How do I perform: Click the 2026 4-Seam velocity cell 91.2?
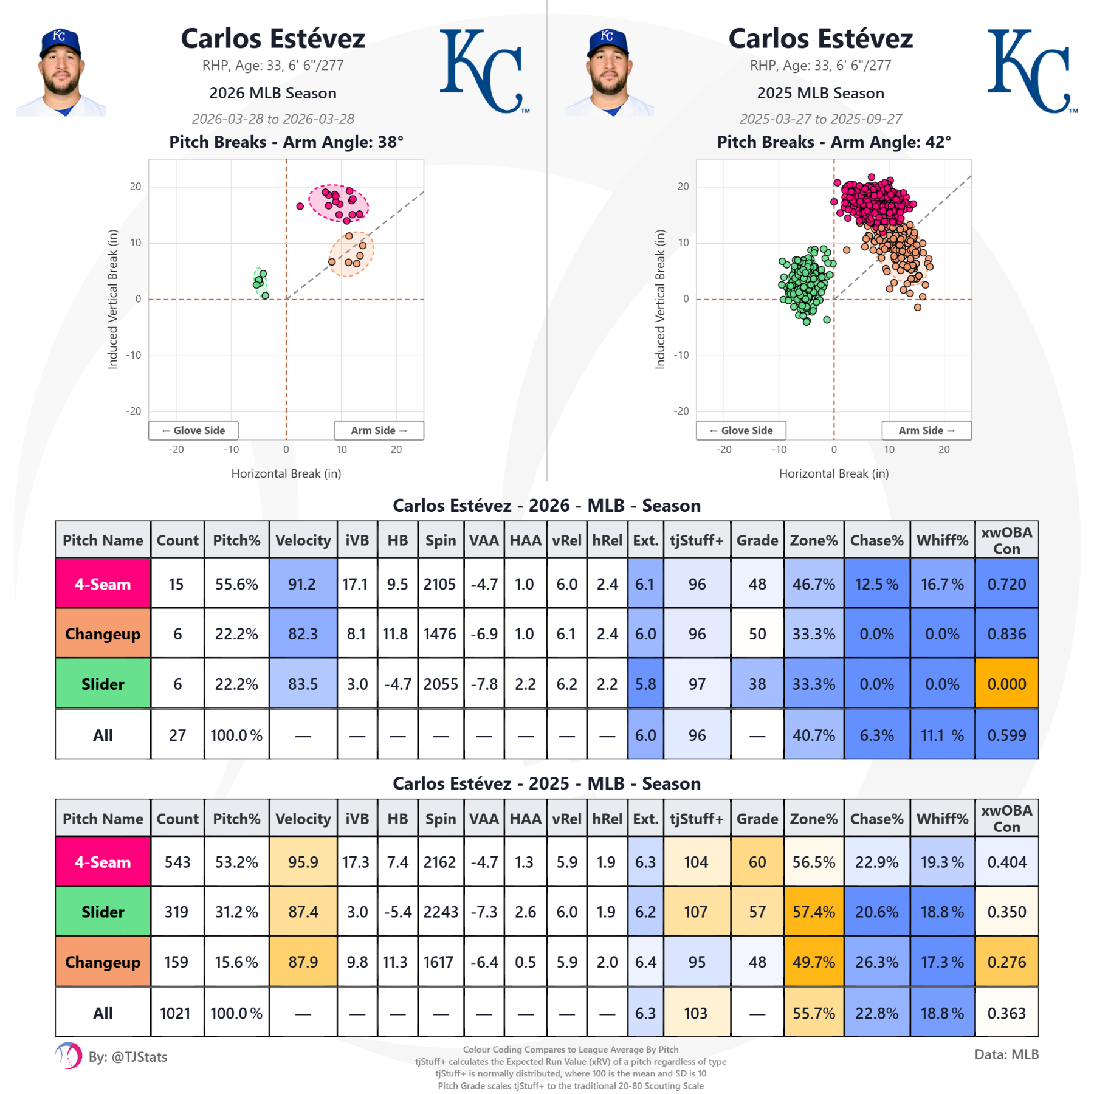point(303,584)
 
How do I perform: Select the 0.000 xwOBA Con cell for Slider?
point(1006,684)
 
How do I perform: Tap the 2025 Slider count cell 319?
point(177,912)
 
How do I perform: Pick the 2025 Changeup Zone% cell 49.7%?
point(813,962)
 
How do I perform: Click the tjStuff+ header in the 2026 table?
point(697,540)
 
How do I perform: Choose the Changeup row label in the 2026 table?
point(103,634)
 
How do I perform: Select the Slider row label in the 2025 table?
point(103,912)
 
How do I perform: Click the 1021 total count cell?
point(176,1013)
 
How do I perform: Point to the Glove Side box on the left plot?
point(193,430)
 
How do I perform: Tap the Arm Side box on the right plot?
point(926,430)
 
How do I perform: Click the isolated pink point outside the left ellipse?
point(300,206)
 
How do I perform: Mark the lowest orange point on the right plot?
point(918,308)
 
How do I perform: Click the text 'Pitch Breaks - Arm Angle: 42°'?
point(833,142)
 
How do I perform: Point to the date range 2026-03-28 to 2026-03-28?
point(273,119)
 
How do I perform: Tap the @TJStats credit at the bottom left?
point(128,1057)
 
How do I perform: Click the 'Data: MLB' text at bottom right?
point(1006,1054)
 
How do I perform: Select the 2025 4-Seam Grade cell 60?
point(757,862)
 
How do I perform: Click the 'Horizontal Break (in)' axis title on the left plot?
point(286,473)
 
